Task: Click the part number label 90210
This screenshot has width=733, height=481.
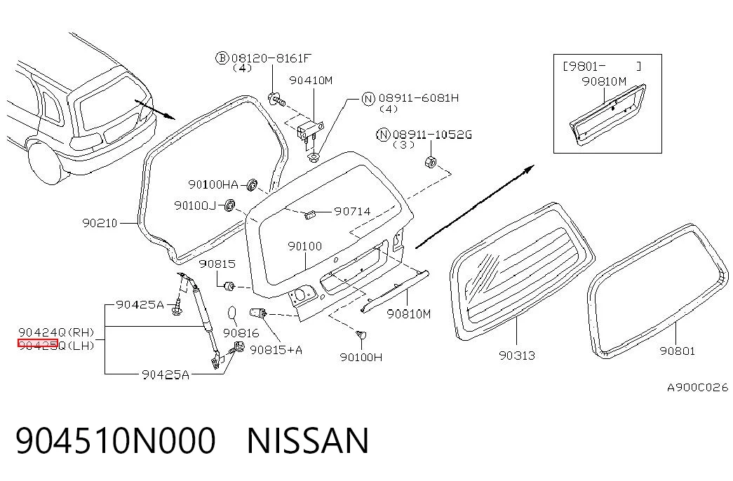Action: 100,223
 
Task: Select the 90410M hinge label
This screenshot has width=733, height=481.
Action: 311,81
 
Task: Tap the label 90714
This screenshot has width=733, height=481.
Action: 353,211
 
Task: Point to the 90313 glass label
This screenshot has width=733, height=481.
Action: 517,355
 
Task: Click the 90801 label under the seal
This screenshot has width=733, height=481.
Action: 678,351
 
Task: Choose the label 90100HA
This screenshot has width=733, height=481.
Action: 213,184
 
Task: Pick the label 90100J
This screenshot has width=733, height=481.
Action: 195,205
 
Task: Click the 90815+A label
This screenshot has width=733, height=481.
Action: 276,350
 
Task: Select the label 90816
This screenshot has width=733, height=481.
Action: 241,333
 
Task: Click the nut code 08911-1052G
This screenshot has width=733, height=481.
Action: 432,135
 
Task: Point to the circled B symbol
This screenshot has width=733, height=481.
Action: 222,58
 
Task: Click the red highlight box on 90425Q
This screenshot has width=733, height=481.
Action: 37,344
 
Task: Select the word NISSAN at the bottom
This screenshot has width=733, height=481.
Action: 308,441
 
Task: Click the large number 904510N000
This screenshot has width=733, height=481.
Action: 116,441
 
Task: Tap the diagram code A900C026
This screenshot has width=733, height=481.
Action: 697,388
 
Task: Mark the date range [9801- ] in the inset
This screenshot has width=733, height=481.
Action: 602,66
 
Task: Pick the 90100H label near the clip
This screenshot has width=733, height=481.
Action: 361,358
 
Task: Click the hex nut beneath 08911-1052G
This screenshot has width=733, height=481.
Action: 430,162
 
